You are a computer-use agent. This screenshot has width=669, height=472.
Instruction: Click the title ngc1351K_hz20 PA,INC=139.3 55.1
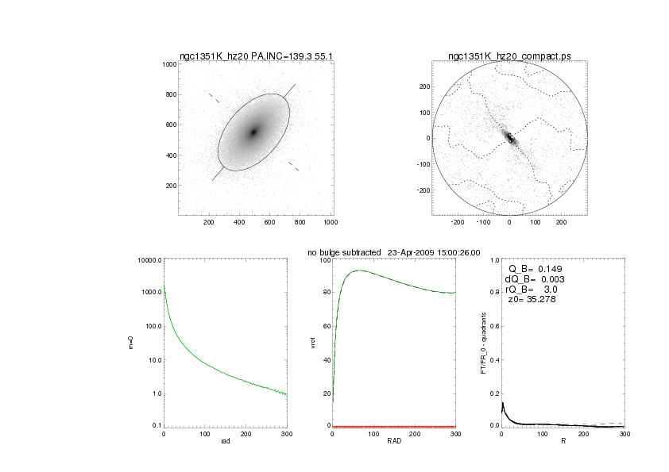pos(254,56)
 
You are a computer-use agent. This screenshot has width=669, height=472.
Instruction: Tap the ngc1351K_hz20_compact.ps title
pos(509,56)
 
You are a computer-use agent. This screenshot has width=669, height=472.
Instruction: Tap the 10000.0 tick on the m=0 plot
pos(149,260)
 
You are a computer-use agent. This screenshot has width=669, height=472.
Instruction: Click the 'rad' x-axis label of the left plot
pos(225,441)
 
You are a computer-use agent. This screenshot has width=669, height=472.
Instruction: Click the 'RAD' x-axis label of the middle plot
pos(394,442)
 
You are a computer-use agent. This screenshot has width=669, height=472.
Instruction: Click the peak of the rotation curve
pos(360,271)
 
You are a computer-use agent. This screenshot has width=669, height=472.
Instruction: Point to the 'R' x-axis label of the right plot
pos(563,442)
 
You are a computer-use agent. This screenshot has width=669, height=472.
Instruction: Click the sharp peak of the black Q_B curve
pos(502,403)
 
